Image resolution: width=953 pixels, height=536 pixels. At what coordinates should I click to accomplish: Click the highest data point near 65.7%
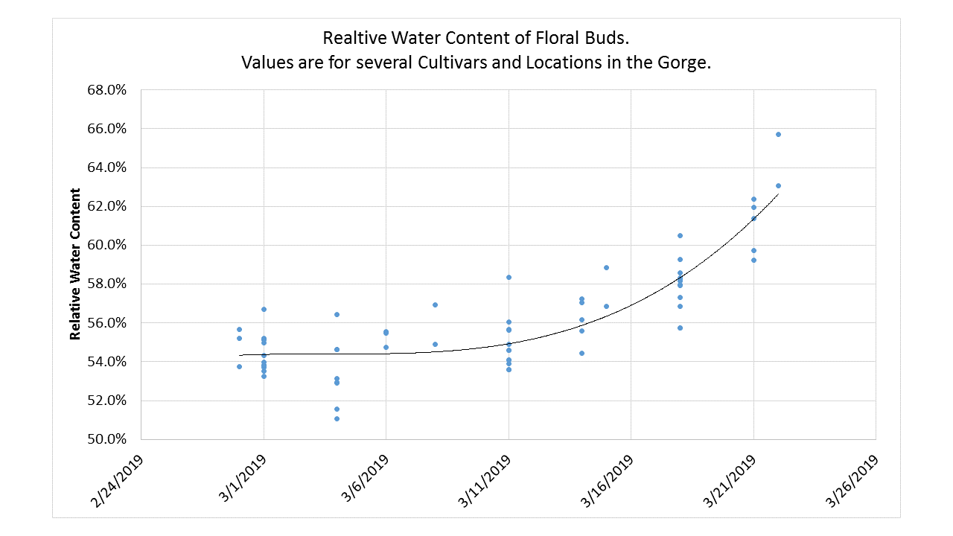coord(778,134)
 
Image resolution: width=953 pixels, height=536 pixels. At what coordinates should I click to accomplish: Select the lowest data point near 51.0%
coord(337,418)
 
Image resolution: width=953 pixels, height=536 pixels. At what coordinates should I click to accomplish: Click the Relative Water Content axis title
coord(75,264)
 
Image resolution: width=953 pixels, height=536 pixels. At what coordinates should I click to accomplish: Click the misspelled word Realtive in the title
coord(351,38)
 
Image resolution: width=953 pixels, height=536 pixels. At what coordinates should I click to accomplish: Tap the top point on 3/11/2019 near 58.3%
coord(509,277)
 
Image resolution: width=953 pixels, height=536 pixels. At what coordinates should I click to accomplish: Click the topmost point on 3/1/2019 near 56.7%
coord(264,309)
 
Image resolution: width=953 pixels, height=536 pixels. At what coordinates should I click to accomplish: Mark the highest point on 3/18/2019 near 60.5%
coord(680,235)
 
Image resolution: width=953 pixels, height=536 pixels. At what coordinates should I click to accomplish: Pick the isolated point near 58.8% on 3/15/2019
coord(606,267)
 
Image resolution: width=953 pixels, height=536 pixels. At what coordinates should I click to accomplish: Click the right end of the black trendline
coord(778,194)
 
